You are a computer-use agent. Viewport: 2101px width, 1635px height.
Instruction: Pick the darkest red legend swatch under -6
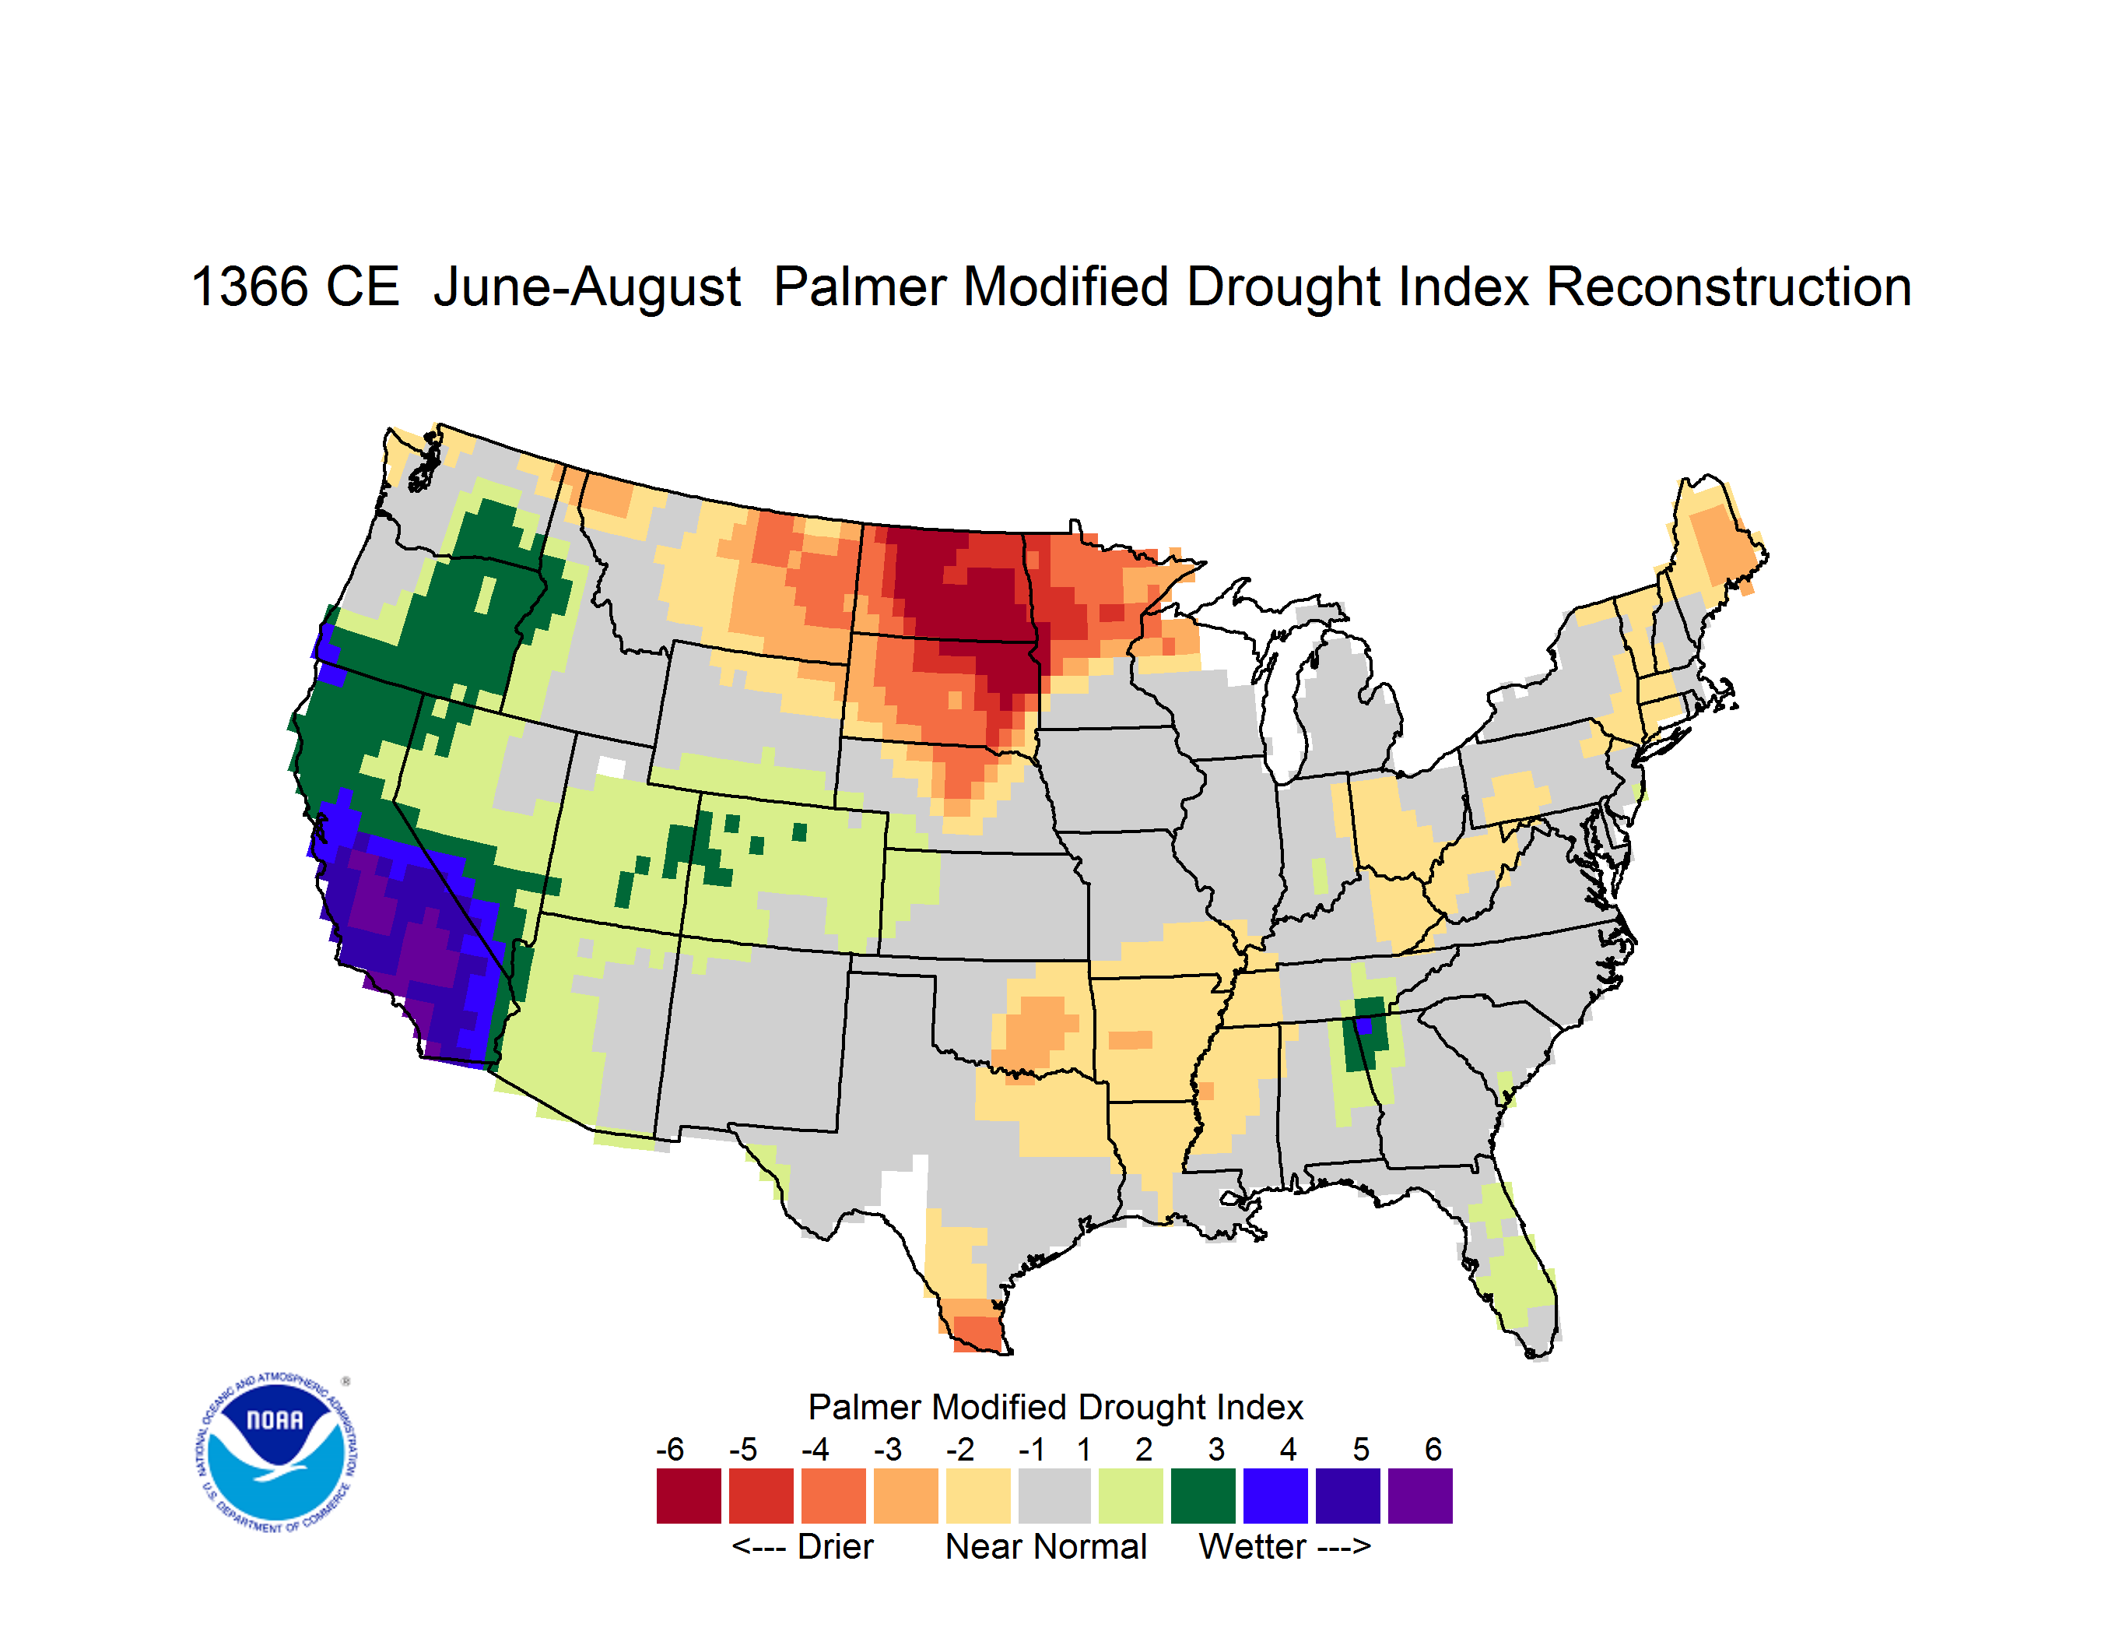point(689,1496)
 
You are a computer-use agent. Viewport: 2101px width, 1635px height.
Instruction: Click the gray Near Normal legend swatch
point(1054,1496)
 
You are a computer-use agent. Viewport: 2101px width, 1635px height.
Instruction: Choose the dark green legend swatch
point(1202,1496)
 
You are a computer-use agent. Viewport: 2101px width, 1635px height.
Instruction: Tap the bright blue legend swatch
point(1275,1496)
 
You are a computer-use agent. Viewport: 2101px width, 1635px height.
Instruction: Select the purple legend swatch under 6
point(1420,1496)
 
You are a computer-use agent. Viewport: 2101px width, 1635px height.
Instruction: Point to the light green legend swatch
point(1131,1496)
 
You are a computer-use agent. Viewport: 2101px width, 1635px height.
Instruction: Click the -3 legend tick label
point(888,1449)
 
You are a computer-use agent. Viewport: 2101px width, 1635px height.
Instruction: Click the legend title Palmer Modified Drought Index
point(1055,1407)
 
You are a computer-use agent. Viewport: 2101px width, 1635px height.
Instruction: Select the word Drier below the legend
point(835,1546)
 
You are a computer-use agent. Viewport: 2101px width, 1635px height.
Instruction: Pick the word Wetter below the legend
point(1253,1546)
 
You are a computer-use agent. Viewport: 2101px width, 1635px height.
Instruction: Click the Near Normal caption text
point(1046,1546)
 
